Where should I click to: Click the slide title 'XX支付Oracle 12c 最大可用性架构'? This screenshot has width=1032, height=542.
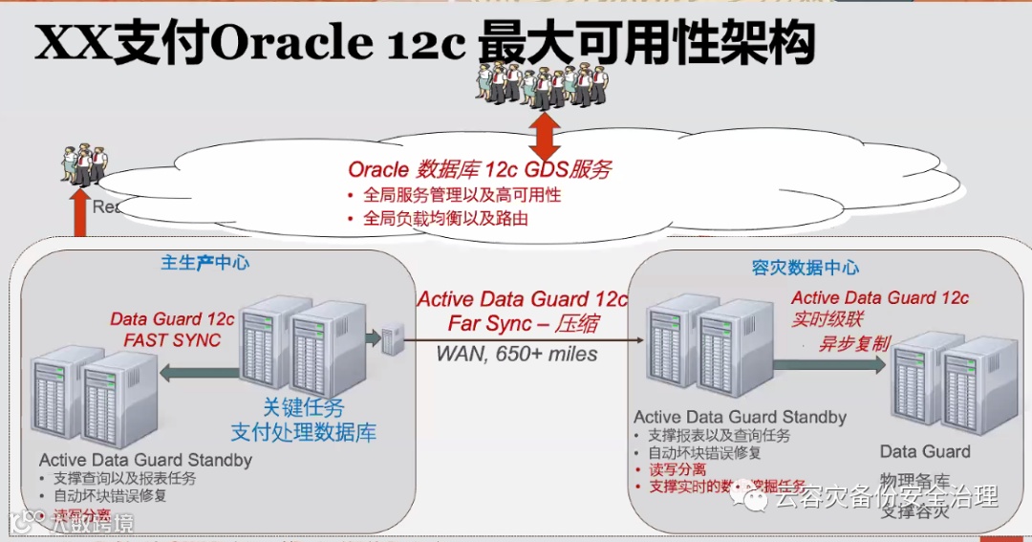click(424, 42)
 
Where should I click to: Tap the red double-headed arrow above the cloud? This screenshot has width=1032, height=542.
click(544, 136)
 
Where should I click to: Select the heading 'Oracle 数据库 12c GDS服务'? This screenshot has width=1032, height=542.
click(479, 170)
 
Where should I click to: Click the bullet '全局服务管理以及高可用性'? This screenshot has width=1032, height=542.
click(462, 195)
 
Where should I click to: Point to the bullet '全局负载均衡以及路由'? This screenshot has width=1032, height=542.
click(446, 218)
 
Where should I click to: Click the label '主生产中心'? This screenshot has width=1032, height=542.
click(205, 263)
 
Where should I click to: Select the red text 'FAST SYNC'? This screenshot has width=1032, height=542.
click(172, 339)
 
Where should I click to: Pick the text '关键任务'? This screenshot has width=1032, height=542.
click(303, 406)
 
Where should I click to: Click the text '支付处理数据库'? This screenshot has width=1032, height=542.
click(304, 431)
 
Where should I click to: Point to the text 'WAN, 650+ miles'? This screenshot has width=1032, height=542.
click(517, 354)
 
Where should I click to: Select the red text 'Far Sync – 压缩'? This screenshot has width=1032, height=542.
click(523, 324)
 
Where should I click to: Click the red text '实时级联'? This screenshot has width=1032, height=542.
click(828, 320)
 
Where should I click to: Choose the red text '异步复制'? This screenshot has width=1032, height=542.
click(853, 343)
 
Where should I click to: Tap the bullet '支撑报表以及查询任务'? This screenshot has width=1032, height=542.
click(720, 435)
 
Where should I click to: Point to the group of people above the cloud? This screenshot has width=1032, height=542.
click(540, 84)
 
